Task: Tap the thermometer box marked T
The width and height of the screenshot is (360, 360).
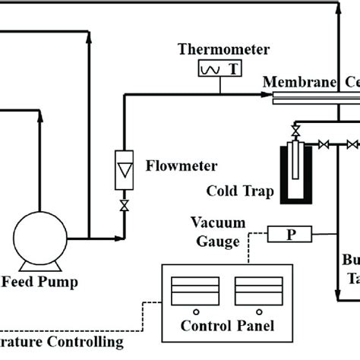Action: (219, 69)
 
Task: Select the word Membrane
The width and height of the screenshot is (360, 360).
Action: (292, 81)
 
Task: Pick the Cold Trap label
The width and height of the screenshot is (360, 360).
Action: (241, 190)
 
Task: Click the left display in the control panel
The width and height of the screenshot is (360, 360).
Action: (194, 289)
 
